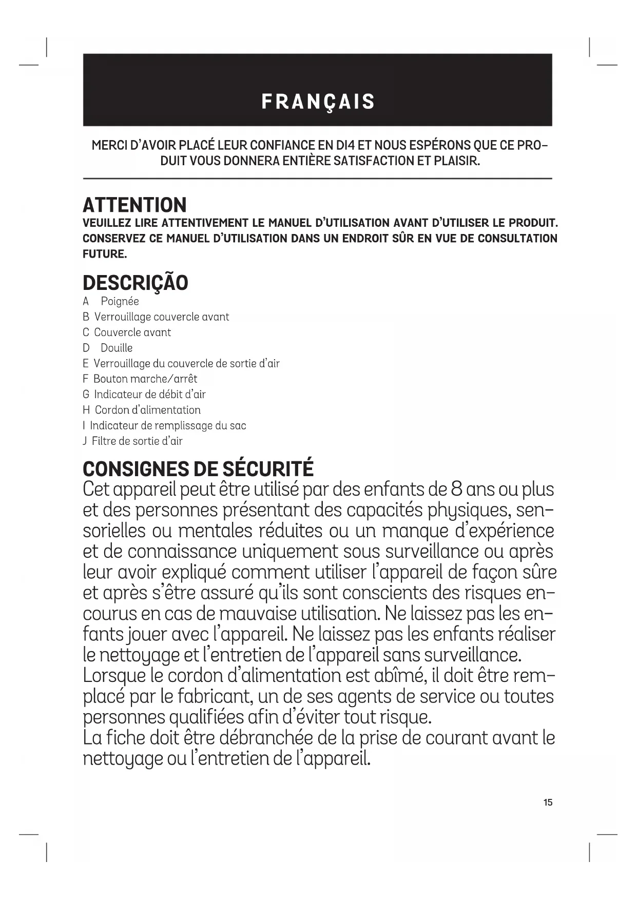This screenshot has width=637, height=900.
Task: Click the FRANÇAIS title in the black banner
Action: [318, 102]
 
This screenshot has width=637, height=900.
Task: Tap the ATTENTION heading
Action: [134, 205]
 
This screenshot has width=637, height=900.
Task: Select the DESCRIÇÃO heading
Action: [136, 283]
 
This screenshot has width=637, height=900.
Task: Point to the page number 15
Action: [548, 803]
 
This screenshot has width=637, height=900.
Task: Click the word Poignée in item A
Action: [120, 302]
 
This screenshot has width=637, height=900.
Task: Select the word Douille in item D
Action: [117, 348]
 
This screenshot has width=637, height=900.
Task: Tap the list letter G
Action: [86, 395]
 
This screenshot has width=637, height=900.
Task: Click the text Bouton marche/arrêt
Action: [145, 379]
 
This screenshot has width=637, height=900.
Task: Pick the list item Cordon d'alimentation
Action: [148, 410]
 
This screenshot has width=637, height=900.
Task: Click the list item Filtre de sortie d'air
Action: [137, 441]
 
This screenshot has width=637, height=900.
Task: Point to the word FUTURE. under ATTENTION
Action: [105, 254]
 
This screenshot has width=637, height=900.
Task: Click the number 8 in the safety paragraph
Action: [456, 489]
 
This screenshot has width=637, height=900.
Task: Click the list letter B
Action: [86, 317]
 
